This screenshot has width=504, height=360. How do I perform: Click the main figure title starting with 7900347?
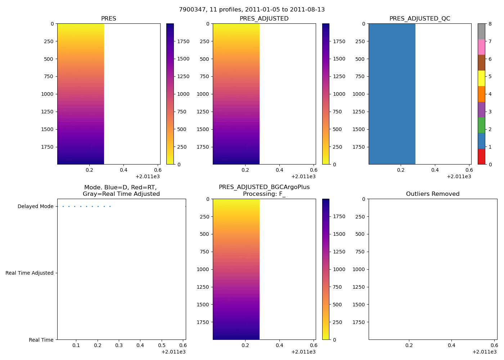(252, 10)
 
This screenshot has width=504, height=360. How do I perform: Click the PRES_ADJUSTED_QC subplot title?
(420, 19)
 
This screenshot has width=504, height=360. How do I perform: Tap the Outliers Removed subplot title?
(433, 194)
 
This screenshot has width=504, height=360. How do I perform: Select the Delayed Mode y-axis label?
(35, 207)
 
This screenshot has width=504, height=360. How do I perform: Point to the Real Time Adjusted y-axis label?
(30, 273)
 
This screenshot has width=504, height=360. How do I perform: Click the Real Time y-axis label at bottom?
(41, 340)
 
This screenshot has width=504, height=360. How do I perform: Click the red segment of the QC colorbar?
(481, 157)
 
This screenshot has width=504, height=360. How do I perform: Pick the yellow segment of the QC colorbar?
(481, 78)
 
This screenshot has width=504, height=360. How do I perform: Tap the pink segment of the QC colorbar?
(481, 47)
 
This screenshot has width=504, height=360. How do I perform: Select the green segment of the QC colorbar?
(481, 125)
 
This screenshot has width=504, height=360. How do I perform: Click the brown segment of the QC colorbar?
(481, 63)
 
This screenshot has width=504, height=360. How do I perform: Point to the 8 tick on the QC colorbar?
(490, 24)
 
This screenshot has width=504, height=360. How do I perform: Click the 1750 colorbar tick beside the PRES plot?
(183, 41)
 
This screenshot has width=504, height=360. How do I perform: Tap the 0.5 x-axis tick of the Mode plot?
(162, 346)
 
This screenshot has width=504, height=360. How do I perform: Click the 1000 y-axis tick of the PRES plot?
(48, 94)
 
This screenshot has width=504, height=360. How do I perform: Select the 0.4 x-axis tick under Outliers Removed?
(451, 346)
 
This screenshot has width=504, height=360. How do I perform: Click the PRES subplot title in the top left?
(108, 19)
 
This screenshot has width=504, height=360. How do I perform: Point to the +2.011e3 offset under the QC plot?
(459, 177)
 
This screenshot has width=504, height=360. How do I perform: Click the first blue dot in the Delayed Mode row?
(63, 207)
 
